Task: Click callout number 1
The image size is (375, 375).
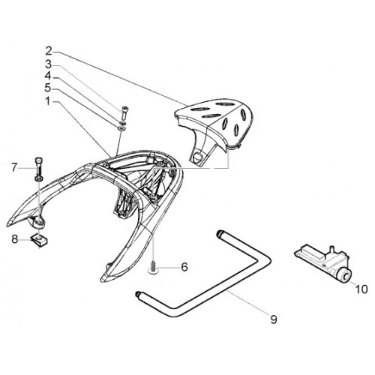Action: tap(48, 101)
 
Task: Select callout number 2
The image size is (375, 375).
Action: tap(49, 51)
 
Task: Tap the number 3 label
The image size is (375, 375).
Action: tap(48, 64)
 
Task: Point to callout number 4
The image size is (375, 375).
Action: tap(48, 76)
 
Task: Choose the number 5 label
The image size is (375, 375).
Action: tap(48, 88)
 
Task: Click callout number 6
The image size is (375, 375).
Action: tap(184, 267)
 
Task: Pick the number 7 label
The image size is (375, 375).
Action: tap(14, 167)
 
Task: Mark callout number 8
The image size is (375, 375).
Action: tap(15, 239)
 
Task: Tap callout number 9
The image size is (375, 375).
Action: tap(274, 319)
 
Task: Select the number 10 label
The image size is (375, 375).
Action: tap(361, 289)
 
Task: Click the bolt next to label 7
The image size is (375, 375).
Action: tap(39, 166)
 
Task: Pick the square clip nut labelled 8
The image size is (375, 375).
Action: tap(40, 240)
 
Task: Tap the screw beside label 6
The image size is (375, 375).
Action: tap(152, 266)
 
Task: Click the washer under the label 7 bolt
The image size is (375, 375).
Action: tap(39, 178)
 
